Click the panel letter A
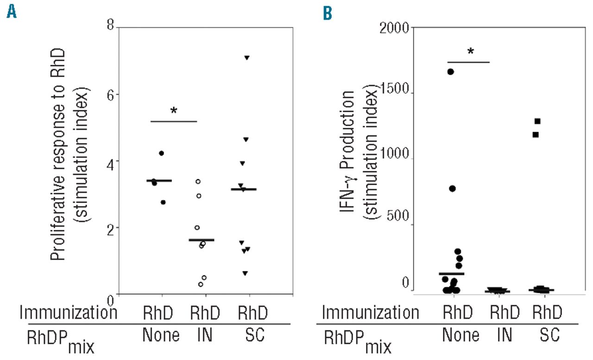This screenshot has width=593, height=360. pyautogui.click(x=11, y=12)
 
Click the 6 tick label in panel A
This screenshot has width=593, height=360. pyautogui.click(x=111, y=94)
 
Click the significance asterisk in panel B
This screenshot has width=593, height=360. pyautogui.click(x=471, y=51)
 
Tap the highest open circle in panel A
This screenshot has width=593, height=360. pyautogui.click(x=198, y=181)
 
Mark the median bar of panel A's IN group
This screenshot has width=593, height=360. pyautogui.click(x=202, y=240)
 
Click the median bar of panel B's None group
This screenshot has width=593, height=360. pyautogui.click(x=451, y=274)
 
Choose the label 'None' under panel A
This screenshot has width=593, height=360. pyautogui.click(x=162, y=335)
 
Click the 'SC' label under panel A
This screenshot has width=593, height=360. pyautogui.click(x=250, y=335)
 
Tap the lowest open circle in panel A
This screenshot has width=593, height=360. pyautogui.click(x=201, y=284)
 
